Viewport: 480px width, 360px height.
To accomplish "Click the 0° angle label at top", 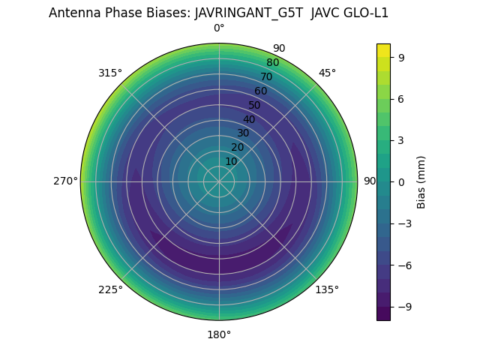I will click(219, 28).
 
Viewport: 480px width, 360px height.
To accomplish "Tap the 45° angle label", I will click(327, 73).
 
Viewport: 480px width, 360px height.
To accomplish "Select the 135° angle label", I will click(327, 289).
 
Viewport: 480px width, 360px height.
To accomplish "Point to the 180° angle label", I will click(219, 334).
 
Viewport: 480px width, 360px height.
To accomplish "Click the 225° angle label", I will click(110, 289).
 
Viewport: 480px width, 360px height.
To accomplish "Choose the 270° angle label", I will click(65, 181).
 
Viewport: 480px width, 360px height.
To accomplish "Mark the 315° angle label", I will click(110, 73).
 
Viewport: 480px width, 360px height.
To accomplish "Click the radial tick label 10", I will click(231, 162).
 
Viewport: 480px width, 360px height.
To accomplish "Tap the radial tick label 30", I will click(243, 133).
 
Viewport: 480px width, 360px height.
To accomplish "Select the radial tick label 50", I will click(254, 105).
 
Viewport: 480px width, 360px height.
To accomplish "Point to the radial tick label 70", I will click(266, 76).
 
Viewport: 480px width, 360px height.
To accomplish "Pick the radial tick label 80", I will click(272, 63).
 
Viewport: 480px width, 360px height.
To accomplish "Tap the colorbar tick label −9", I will click(403, 307).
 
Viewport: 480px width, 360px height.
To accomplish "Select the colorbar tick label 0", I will click(401, 181).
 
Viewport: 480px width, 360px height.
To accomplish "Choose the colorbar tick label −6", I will click(403, 265).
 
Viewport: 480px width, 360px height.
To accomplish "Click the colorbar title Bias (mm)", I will click(421, 181).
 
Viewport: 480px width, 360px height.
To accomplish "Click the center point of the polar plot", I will click(219, 181).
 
